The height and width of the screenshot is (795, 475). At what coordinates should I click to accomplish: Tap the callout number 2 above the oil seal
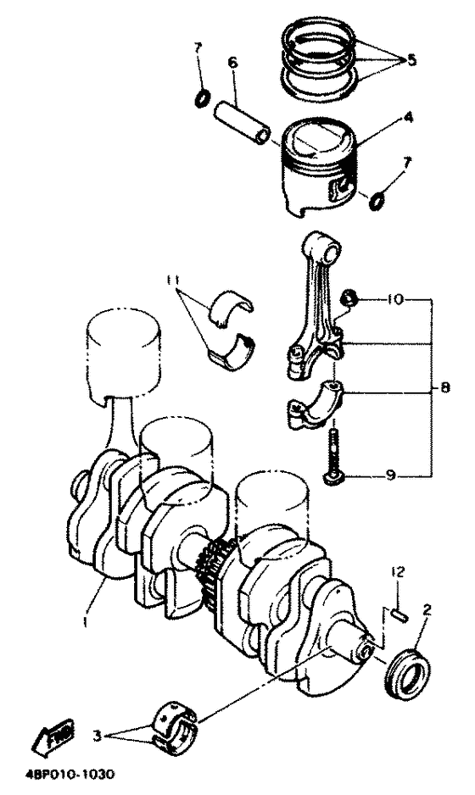tap(427, 609)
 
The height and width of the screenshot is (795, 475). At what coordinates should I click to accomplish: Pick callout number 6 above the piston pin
tap(232, 62)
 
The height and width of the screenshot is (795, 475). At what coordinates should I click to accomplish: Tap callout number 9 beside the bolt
tap(391, 476)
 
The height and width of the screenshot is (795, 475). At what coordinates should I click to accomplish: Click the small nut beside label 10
tap(349, 299)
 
